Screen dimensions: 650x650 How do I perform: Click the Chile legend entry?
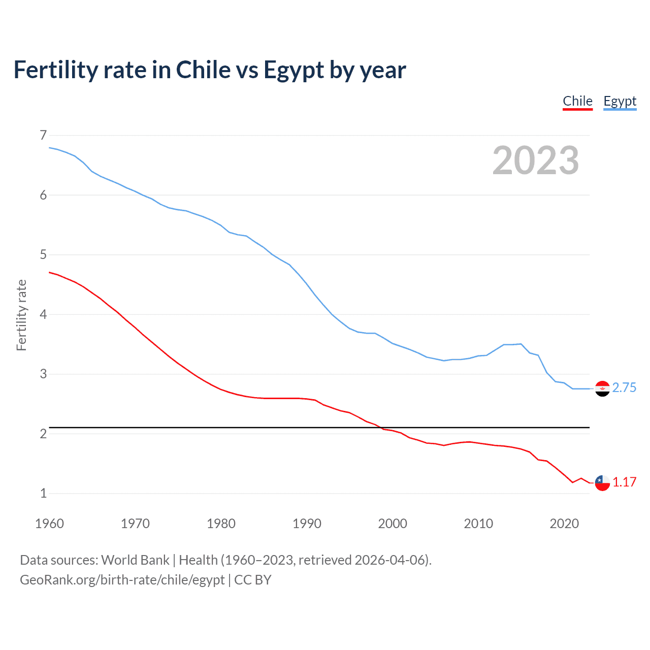tap(577, 102)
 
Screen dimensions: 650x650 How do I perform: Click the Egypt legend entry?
tap(620, 102)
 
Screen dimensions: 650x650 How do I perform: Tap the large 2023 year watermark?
tap(535, 160)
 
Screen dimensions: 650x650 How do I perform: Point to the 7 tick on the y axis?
tap(43, 135)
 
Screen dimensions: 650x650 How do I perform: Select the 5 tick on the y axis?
tap(43, 254)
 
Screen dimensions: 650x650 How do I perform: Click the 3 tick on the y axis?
tap(43, 374)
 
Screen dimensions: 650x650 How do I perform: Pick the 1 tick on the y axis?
tap(43, 493)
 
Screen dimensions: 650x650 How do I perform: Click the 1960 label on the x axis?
tap(49, 524)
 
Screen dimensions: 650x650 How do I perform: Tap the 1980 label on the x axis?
tap(221, 524)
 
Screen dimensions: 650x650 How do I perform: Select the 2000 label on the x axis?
tap(393, 524)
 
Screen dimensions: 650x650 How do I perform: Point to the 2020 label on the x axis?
tap(564, 524)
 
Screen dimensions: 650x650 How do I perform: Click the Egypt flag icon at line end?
tap(602, 388)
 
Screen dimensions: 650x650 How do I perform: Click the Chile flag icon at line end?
tap(602, 483)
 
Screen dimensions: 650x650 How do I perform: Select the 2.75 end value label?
tap(624, 388)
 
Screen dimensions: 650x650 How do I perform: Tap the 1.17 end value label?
tap(624, 482)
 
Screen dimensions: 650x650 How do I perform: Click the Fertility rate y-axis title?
tap(21, 315)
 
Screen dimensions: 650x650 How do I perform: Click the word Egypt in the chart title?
tap(294, 70)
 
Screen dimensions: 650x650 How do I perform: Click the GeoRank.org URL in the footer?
tap(122, 580)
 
